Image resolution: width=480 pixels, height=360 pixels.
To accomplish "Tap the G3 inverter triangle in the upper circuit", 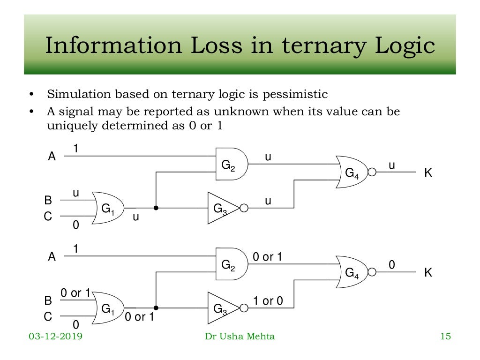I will pos(221,208).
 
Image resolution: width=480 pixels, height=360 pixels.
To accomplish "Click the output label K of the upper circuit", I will pos(427,173).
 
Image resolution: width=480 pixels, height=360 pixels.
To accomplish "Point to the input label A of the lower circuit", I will pos(52,256).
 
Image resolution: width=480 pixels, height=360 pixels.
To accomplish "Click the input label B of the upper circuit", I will pos(48,201).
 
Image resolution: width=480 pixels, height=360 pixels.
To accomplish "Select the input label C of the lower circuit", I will pos(48,317).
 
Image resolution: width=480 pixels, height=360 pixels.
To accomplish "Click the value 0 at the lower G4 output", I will pos(392,265).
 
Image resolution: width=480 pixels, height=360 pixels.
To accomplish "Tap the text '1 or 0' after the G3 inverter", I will pos(268,301).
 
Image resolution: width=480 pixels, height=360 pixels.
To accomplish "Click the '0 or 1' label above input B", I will pos(75,293).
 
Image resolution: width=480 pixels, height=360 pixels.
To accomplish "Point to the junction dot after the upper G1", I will pos(156,208).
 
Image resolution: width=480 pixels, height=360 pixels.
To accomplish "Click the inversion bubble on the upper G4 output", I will pos(372,172).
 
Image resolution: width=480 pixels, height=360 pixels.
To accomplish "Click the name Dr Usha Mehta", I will pos(240,336).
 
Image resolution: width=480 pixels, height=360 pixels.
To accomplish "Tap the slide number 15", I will pos(445,336).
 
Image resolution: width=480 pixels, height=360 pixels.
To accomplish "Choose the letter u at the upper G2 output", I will pos(268,157).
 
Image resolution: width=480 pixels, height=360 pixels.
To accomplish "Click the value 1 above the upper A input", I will pos(75,149).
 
